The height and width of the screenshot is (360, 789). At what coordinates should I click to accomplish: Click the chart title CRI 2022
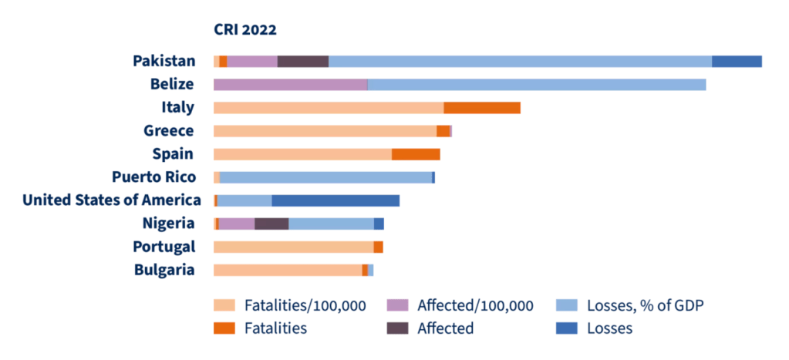point(245,30)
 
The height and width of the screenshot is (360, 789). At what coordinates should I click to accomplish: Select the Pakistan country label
point(164,61)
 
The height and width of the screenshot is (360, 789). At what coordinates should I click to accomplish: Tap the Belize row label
point(173,84)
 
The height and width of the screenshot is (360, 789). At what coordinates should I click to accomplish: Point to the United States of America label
point(112,200)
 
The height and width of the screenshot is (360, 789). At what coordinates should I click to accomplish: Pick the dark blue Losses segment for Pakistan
point(737,62)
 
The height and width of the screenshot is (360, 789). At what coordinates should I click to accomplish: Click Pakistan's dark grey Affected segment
point(303,62)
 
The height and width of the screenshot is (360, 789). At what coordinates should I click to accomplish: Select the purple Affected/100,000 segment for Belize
point(290,85)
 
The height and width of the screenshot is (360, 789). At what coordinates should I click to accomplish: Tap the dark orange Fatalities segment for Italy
point(482,108)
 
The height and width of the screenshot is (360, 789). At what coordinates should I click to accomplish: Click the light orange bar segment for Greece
point(325,131)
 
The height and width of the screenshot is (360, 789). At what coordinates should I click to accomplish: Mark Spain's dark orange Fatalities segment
point(416,154)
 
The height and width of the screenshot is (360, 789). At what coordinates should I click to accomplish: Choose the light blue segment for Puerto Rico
point(325,177)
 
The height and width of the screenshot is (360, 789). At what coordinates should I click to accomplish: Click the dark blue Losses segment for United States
point(335,200)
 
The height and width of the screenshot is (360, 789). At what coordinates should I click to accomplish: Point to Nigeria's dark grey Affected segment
point(271,224)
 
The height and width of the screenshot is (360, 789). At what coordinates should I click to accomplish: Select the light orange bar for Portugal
point(293,247)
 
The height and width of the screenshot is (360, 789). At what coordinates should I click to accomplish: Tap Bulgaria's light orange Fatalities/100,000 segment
point(288,270)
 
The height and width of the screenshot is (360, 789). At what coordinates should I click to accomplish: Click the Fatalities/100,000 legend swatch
point(224,305)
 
